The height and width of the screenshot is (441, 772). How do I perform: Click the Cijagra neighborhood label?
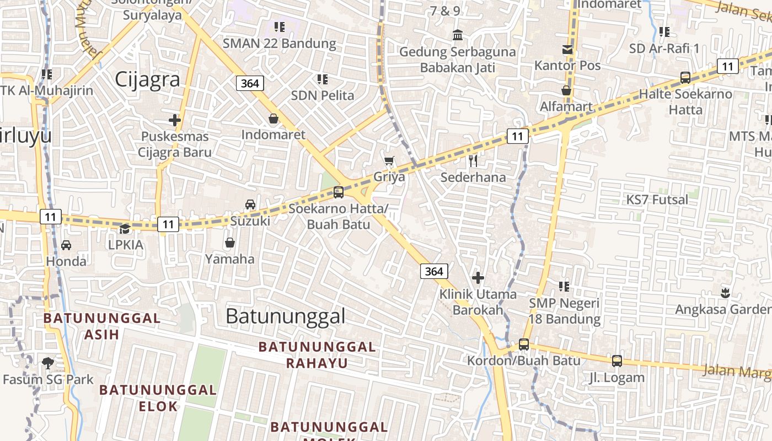147,79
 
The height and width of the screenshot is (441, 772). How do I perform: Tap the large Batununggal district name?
286,316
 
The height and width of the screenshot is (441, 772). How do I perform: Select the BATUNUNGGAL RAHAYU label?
317,354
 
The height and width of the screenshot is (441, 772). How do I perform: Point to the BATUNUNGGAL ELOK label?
158,398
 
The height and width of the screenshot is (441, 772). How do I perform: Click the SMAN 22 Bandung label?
279,43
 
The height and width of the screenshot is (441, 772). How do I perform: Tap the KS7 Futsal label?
657,200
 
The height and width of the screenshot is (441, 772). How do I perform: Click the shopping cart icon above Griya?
389,161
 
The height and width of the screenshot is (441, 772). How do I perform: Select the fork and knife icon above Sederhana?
473,161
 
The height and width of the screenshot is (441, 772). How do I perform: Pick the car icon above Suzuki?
250,205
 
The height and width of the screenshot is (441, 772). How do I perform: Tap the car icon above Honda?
66,245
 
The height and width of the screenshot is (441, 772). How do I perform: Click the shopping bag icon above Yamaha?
229,243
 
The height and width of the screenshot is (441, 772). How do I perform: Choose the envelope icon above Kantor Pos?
567,50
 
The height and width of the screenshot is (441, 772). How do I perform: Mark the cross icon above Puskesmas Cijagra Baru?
175,120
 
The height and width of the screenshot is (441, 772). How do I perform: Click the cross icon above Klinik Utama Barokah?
478,277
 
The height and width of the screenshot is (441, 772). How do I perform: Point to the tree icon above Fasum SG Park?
48,363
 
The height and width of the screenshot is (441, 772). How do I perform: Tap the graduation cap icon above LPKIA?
125,228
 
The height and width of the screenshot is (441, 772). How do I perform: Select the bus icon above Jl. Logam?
616,361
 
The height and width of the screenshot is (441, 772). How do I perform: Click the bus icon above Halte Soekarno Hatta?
685,78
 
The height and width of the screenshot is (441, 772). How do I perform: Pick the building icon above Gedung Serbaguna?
458,35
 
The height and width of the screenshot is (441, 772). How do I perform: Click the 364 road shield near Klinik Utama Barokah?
434,271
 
